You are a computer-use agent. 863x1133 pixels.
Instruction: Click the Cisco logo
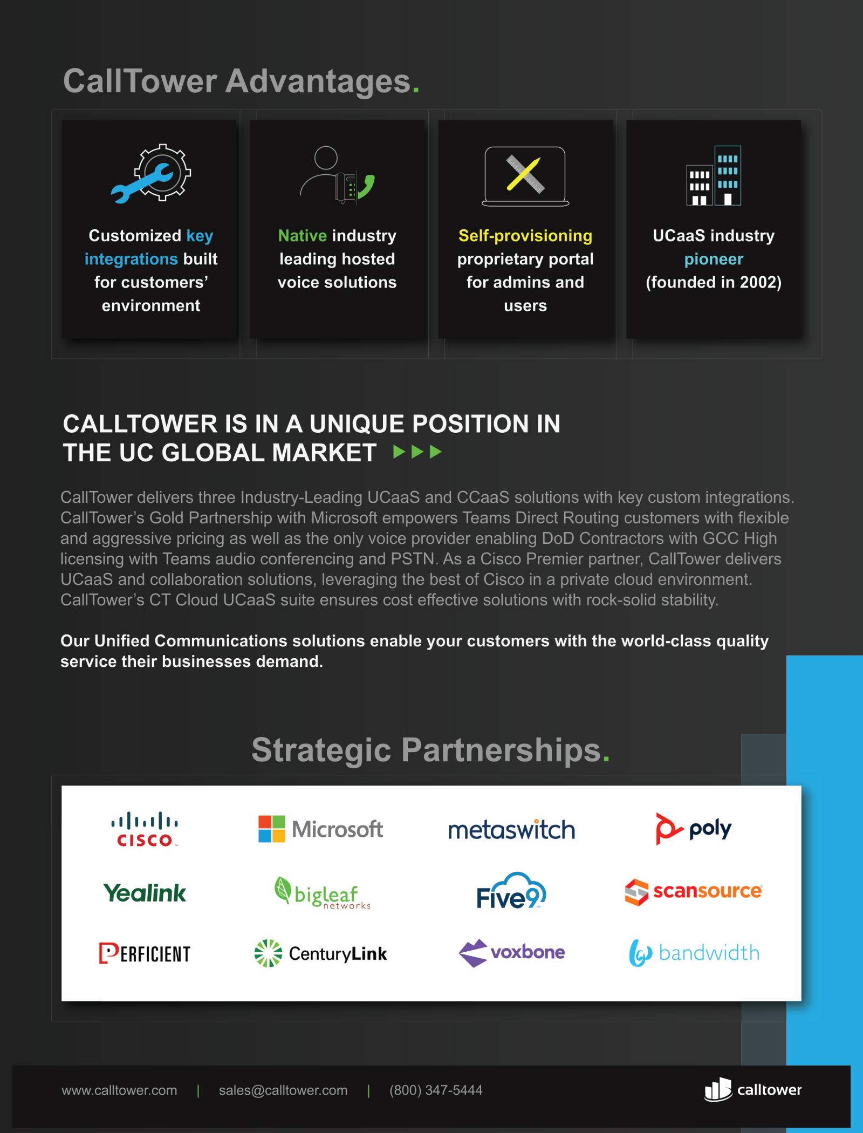(145, 829)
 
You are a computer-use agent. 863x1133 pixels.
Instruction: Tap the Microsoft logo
(320, 829)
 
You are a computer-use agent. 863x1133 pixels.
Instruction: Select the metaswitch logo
(511, 830)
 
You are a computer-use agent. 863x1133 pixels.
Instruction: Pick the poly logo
(694, 829)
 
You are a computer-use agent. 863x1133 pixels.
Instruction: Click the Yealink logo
(145, 893)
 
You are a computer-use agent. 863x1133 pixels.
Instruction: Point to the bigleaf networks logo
(323, 893)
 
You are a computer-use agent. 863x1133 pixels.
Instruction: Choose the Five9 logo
(511, 891)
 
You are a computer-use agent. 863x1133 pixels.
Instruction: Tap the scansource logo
(694, 892)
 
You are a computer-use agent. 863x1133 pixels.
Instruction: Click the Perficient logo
(145, 953)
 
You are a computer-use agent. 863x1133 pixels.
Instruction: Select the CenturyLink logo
(321, 953)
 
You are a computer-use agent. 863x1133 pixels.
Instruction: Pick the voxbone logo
(511, 953)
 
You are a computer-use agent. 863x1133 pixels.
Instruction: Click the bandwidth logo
(694, 953)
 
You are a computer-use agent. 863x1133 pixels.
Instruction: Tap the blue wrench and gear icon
(151, 174)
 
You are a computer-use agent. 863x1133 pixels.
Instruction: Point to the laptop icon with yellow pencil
(525, 176)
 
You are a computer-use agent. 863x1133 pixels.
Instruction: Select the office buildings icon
(714, 176)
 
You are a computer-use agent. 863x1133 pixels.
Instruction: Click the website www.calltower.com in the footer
(119, 1090)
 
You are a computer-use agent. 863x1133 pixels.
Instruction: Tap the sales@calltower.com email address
(283, 1090)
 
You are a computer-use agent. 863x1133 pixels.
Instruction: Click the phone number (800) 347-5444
(436, 1090)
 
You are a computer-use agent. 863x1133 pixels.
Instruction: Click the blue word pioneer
(714, 260)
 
